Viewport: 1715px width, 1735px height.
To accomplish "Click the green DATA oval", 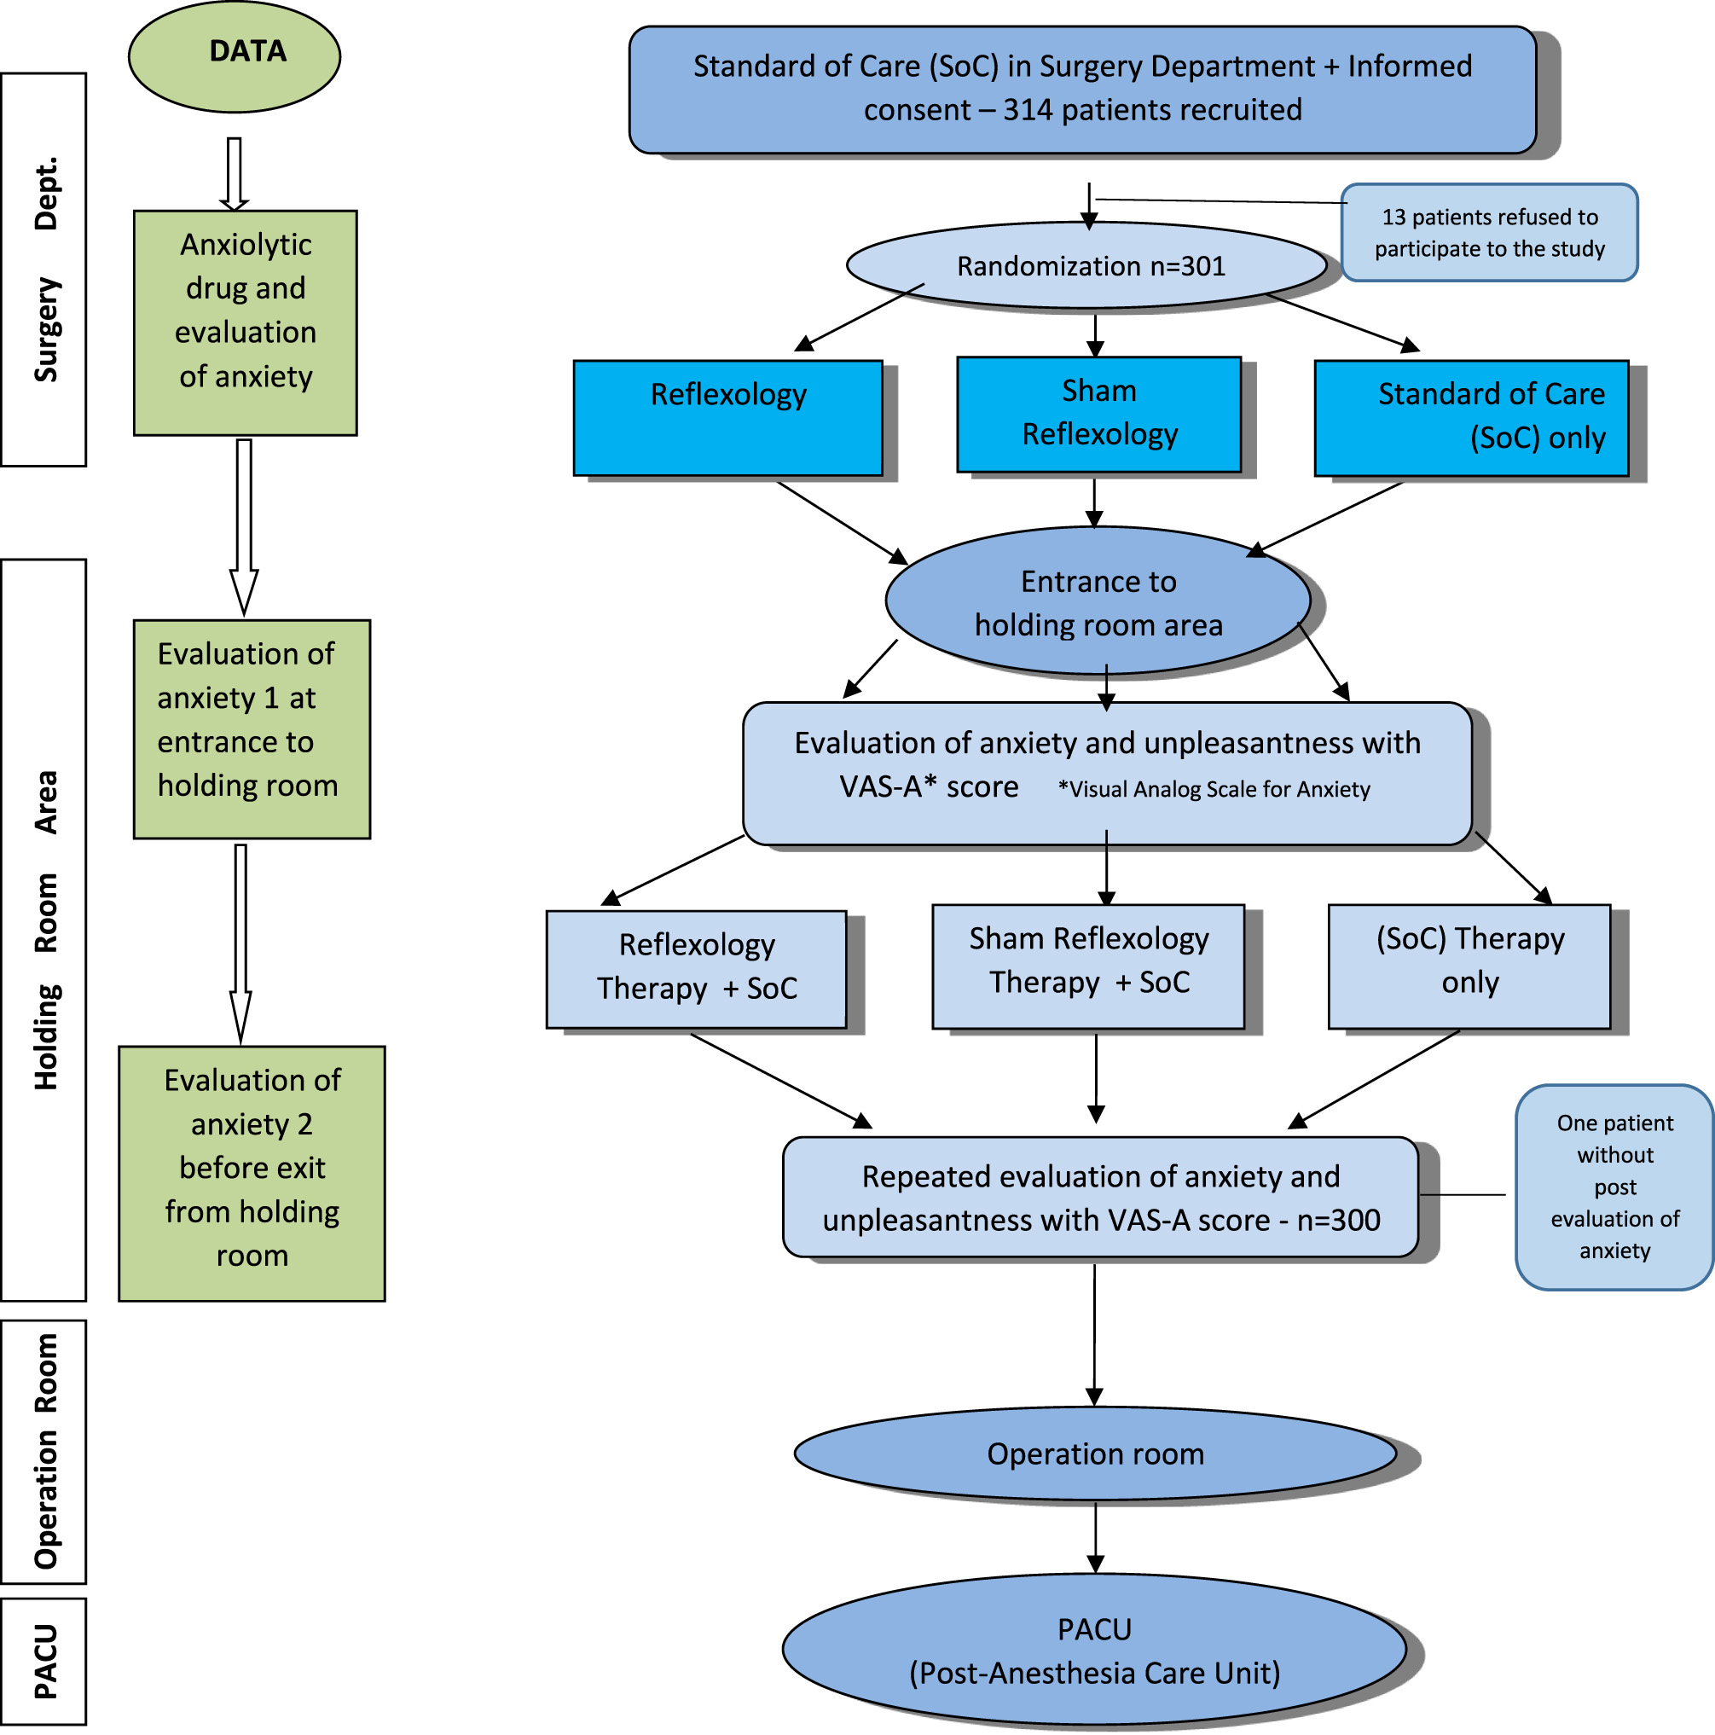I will pos(235,55).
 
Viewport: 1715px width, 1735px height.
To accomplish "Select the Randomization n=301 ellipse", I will pos(1088,266).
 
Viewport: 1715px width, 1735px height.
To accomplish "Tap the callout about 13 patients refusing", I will pos(1489,233).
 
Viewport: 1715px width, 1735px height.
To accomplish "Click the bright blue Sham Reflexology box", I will pos(1098,414).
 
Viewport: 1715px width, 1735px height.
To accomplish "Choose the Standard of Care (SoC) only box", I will pos(1470,418).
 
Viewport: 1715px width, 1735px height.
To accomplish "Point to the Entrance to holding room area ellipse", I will pos(1098,601).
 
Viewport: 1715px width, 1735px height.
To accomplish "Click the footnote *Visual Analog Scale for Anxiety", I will pos(1213,789).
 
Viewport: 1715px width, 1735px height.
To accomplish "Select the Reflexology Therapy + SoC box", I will pos(696,968).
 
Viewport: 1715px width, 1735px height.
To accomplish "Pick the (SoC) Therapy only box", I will pos(1469,966).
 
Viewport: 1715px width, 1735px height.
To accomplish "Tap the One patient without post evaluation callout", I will pos(1614,1187).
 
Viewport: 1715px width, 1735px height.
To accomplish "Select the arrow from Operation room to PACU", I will pos(1096,1536).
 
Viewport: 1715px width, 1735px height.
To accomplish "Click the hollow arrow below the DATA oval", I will pos(235,173).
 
